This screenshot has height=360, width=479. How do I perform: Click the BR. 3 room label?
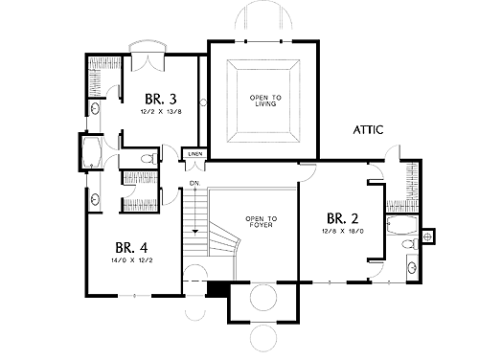(x=161, y=99)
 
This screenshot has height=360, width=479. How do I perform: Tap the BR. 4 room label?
(x=131, y=247)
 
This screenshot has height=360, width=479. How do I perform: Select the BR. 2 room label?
(x=343, y=218)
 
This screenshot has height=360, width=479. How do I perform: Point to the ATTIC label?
(x=368, y=130)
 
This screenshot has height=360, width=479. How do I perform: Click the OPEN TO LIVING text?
(x=265, y=101)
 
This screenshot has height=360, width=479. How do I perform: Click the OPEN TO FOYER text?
(x=262, y=222)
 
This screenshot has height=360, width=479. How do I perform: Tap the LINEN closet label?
(x=195, y=154)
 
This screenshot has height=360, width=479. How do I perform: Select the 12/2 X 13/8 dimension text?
(x=161, y=112)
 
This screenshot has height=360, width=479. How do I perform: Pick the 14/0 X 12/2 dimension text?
(x=132, y=260)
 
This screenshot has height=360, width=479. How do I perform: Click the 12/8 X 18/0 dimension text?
(x=343, y=231)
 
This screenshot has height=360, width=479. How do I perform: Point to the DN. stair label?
(x=194, y=183)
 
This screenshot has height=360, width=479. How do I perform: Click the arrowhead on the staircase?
(x=194, y=232)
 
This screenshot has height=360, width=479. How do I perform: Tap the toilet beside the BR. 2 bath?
(x=410, y=244)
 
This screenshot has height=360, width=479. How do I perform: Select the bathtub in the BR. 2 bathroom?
(x=402, y=225)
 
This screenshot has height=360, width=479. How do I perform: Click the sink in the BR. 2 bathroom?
(x=412, y=266)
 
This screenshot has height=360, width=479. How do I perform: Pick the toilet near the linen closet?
(x=148, y=159)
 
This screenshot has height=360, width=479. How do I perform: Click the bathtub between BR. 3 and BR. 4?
(x=92, y=152)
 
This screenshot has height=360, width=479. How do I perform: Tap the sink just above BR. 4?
(x=95, y=200)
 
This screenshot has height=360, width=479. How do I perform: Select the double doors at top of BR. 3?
(x=148, y=63)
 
